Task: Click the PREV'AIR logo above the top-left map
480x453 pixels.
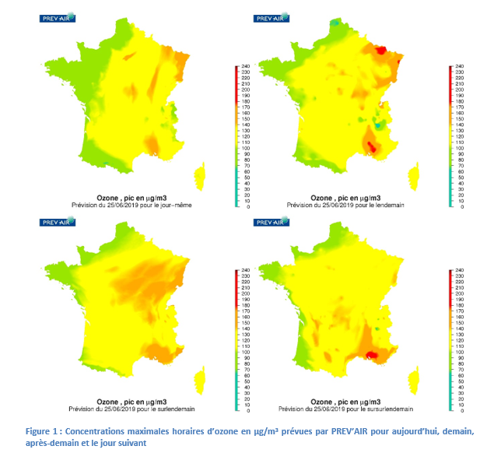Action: [57, 17]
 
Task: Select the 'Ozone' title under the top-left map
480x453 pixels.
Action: [107, 199]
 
